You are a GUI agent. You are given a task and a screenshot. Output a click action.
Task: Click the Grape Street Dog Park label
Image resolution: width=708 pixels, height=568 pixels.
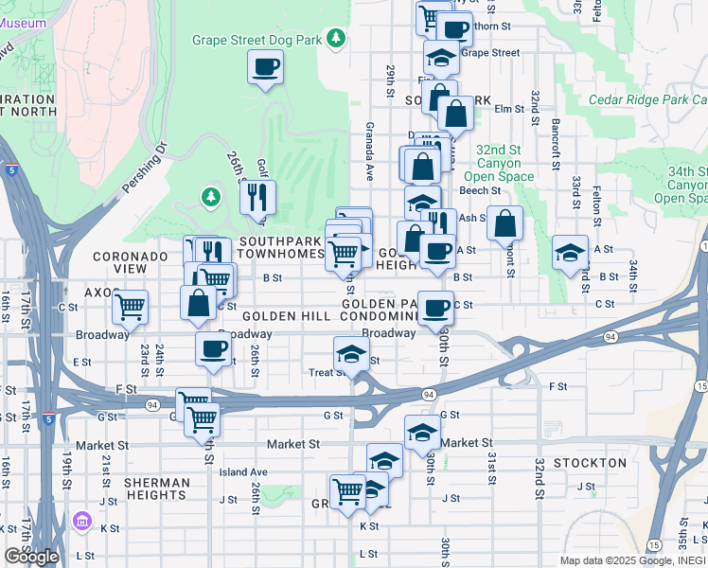point(257,40)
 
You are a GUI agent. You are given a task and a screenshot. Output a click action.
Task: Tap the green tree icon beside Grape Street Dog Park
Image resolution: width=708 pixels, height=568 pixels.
point(335,39)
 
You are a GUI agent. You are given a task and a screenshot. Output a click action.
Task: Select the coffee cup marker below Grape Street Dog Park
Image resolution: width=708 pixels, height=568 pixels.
point(265,67)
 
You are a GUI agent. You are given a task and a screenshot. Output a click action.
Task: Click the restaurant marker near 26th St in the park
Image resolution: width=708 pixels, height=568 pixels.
point(257,197)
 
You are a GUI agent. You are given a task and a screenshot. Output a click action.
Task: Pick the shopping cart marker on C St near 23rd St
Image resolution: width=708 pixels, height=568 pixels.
point(130,306)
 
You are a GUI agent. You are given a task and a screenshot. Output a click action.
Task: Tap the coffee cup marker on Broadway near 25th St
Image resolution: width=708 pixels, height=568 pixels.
point(213,348)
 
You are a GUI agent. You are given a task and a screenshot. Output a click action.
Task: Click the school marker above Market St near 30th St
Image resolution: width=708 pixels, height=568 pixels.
point(422,433)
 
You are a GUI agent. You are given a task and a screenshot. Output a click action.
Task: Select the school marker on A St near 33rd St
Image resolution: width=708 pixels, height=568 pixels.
point(570,253)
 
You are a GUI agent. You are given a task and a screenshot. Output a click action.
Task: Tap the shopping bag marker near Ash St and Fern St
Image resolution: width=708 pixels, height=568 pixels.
point(505,223)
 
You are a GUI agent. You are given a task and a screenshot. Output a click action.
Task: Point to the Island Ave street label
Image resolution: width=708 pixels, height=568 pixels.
point(243,471)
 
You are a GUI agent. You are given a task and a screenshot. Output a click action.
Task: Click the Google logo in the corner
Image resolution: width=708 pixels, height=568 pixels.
point(31,557)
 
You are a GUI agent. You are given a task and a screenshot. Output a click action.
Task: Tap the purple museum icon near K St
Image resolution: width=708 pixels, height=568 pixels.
point(81,522)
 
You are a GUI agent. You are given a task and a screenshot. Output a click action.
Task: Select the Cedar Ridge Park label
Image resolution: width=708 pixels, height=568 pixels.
point(646,99)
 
